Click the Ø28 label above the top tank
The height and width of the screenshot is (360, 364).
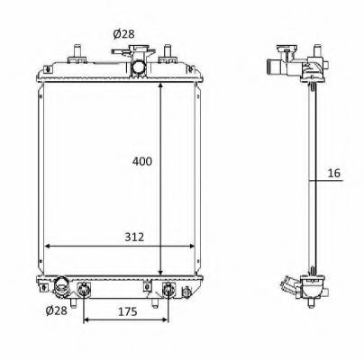point(123,34)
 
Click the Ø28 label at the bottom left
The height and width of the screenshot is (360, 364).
point(57,310)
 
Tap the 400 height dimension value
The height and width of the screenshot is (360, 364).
point(142,162)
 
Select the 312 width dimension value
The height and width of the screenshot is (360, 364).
point(134,237)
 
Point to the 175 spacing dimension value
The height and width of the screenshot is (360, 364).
point(127,311)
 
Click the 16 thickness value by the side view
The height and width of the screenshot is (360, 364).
point(333,173)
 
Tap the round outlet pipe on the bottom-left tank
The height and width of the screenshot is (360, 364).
point(61,286)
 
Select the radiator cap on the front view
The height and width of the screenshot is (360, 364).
point(134,49)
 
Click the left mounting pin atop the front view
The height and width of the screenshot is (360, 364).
point(77,53)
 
